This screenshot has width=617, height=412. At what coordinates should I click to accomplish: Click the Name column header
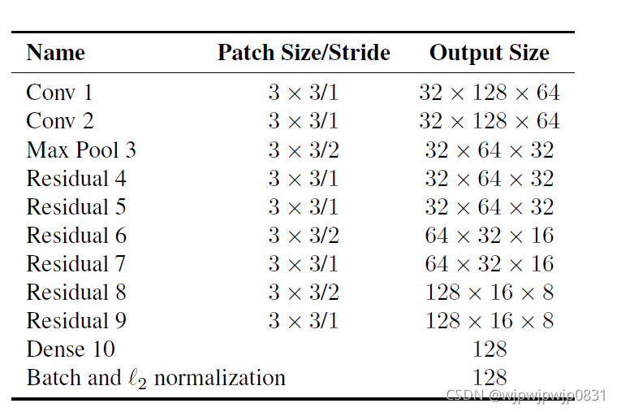tap(55, 53)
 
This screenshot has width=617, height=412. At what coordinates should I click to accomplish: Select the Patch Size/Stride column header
tap(303, 53)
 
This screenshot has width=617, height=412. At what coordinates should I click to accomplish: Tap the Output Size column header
tap(489, 53)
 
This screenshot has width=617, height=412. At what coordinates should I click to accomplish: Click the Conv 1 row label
tap(59, 93)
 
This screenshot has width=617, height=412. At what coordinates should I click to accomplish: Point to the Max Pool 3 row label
tap(81, 150)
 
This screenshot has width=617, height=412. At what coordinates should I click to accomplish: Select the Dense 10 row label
tap(71, 349)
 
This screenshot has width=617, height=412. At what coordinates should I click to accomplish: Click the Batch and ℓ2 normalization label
tap(156, 378)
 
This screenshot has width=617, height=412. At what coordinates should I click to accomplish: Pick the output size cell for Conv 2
tap(489, 121)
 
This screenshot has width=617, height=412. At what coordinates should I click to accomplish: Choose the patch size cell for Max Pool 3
tap(303, 150)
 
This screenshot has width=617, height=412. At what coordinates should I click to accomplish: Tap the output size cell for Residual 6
tap(489, 235)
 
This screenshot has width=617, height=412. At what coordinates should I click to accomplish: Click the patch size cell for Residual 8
tap(303, 292)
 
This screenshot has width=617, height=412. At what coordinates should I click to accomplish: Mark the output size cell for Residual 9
tap(489, 320)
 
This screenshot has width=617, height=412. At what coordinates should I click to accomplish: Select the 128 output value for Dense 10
tap(489, 349)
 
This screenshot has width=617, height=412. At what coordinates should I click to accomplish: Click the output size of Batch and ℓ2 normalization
tap(489, 377)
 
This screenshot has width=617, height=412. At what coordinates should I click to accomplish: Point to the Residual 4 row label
tap(76, 178)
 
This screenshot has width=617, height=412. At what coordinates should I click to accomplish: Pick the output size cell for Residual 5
tap(489, 206)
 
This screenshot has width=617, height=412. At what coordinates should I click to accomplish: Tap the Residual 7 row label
tap(76, 263)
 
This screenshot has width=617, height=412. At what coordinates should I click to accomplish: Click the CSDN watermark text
tap(526, 396)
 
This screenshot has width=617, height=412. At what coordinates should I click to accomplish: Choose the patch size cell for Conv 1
tap(303, 93)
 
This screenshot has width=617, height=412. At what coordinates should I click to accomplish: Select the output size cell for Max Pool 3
tap(489, 150)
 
